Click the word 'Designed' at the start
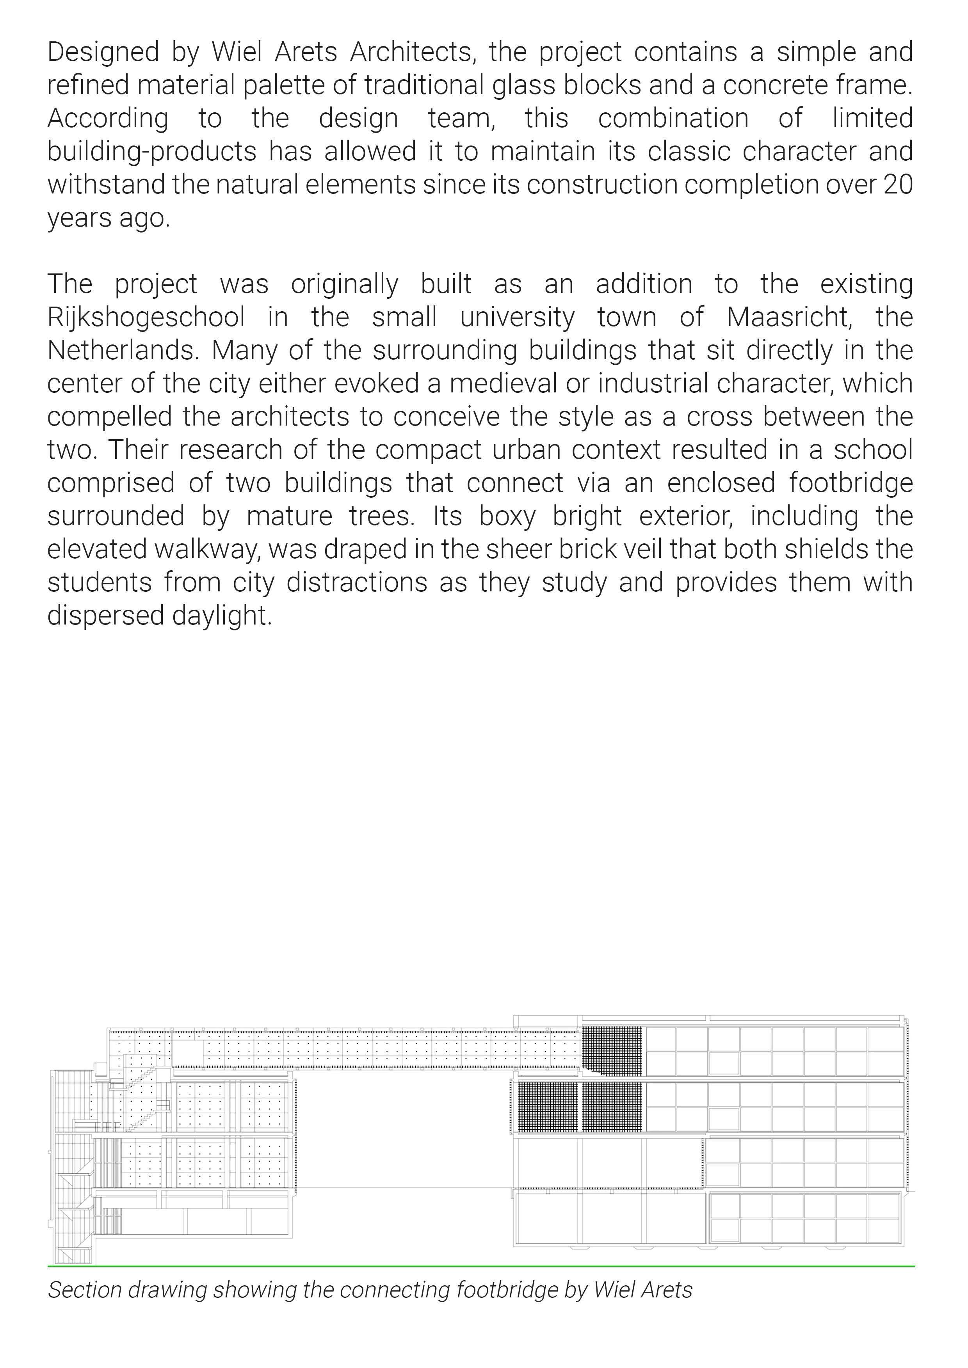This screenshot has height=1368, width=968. [103, 52]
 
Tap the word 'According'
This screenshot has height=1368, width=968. [107, 119]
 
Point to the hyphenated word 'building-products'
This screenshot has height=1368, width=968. [151, 151]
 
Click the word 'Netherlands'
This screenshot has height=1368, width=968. [122, 350]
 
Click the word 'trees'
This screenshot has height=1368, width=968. [381, 516]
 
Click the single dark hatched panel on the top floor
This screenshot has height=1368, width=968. [612, 1052]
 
